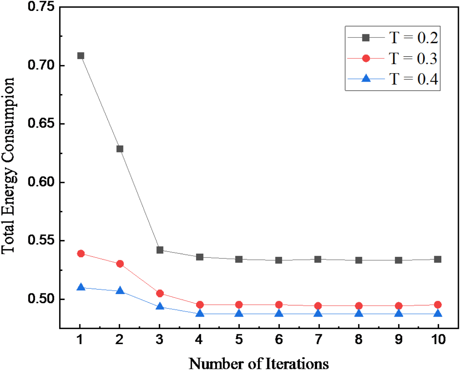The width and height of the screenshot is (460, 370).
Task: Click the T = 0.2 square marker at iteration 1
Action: click(81, 56)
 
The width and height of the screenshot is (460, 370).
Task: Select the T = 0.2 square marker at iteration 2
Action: click(120, 149)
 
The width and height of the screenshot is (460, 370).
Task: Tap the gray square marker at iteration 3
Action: click(160, 250)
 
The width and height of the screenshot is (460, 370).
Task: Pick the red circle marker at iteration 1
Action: click(81, 254)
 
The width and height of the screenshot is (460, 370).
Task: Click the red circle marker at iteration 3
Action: click(160, 293)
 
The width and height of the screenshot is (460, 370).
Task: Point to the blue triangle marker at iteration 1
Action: click(81, 287)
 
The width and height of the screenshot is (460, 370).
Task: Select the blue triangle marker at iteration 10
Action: click(437, 313)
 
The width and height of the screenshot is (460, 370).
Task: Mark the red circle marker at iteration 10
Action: click(437, 305)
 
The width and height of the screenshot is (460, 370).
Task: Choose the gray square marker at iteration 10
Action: click(437, 259)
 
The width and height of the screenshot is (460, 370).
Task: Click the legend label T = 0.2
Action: click(414, 38)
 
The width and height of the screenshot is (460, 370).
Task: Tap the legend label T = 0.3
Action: click(414, 58)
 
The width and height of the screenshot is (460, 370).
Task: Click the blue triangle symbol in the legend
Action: click(365, 78)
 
